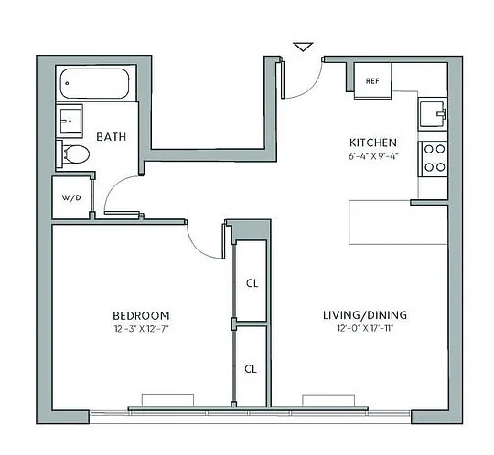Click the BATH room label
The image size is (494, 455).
pyautogui.click(x=112, y=137)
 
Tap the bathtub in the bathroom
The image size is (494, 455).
pyautogui.click(x=94, y=83)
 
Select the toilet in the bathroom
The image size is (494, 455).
pyautogui.click(x=74, y=154)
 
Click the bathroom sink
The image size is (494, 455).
pyautogui.click(x=70, y=122)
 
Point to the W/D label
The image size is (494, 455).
pyautogui.click(x=71, y=197)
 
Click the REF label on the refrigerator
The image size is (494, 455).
pyautogui.click(x=372, y=81)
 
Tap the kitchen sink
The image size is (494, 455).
pyautogui.click(x=433, y=114)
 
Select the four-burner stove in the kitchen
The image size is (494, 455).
pyautogui.click(x=434, y=158)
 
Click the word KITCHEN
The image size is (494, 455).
pyautogui.click(x=373, y=143)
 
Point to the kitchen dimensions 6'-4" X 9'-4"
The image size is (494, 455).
pyautogui.click(x=373, y=156)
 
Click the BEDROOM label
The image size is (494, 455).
pyautogui.click(x=141, y=315)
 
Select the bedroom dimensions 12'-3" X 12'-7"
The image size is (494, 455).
pyautogui.click(x=141, y=329)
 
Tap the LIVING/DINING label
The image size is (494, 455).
pyautogui.click(x=365, y=315)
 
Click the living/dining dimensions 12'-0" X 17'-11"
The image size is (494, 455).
pyautogui.click(x=365, y=328)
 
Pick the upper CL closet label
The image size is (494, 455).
pyautogui.click(x=252, y=283)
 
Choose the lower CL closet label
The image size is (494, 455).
pyautogui.click(x=251, y=369)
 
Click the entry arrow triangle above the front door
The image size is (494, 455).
pyautogui.click(x=303, y=47)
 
